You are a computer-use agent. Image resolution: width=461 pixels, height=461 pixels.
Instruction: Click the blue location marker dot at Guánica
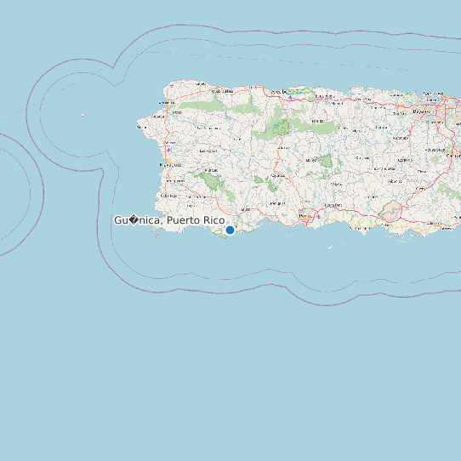point(230,230)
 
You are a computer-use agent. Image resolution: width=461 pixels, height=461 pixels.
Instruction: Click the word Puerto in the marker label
point(185,220)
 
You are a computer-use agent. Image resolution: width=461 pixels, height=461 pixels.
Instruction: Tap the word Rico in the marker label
point(214,220)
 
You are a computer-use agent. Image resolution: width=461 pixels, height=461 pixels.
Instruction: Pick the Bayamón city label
point(420,111)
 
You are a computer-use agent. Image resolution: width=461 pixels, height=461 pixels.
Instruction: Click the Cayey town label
point(395,181)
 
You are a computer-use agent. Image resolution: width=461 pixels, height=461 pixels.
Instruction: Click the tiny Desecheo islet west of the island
point(83,115)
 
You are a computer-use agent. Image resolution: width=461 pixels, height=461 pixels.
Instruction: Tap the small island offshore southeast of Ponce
point(330,248)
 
